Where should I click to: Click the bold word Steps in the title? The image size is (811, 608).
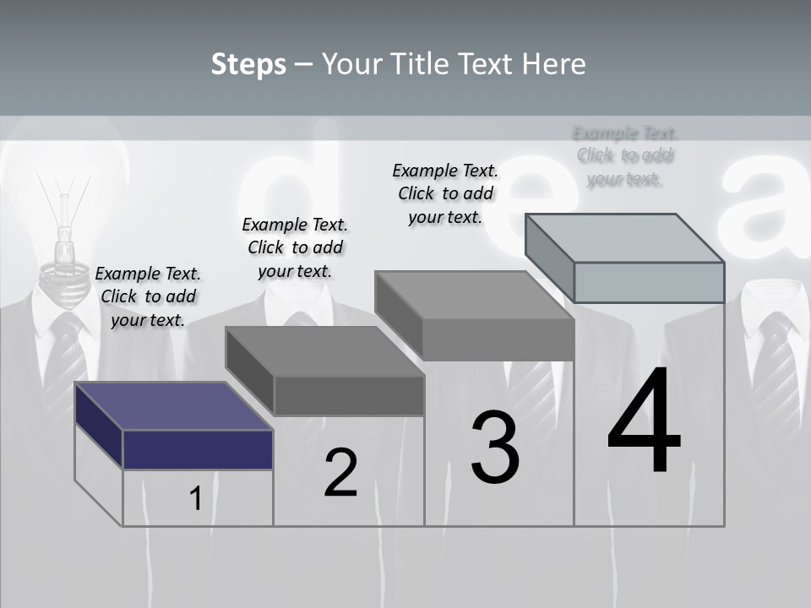(x=248, y=64)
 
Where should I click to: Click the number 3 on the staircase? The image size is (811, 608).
(x=495, y=448)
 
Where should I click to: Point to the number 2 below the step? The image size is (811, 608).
(x=340, y=473)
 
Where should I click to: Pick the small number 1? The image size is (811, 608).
(x=195, y=498)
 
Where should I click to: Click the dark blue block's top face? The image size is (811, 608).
(x=173, y=405)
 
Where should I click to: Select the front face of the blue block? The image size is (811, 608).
(x=198, y=449)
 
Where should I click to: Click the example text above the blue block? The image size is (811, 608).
(x=148, y=296)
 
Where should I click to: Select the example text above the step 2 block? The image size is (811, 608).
(x=295, y=247)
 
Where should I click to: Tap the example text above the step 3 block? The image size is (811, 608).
(x=445, y=193)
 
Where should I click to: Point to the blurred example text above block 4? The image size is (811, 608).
(x=625, y=155)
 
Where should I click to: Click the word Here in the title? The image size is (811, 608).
(x=555, y=64)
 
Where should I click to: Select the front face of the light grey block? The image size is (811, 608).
(x=649, y=282)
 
